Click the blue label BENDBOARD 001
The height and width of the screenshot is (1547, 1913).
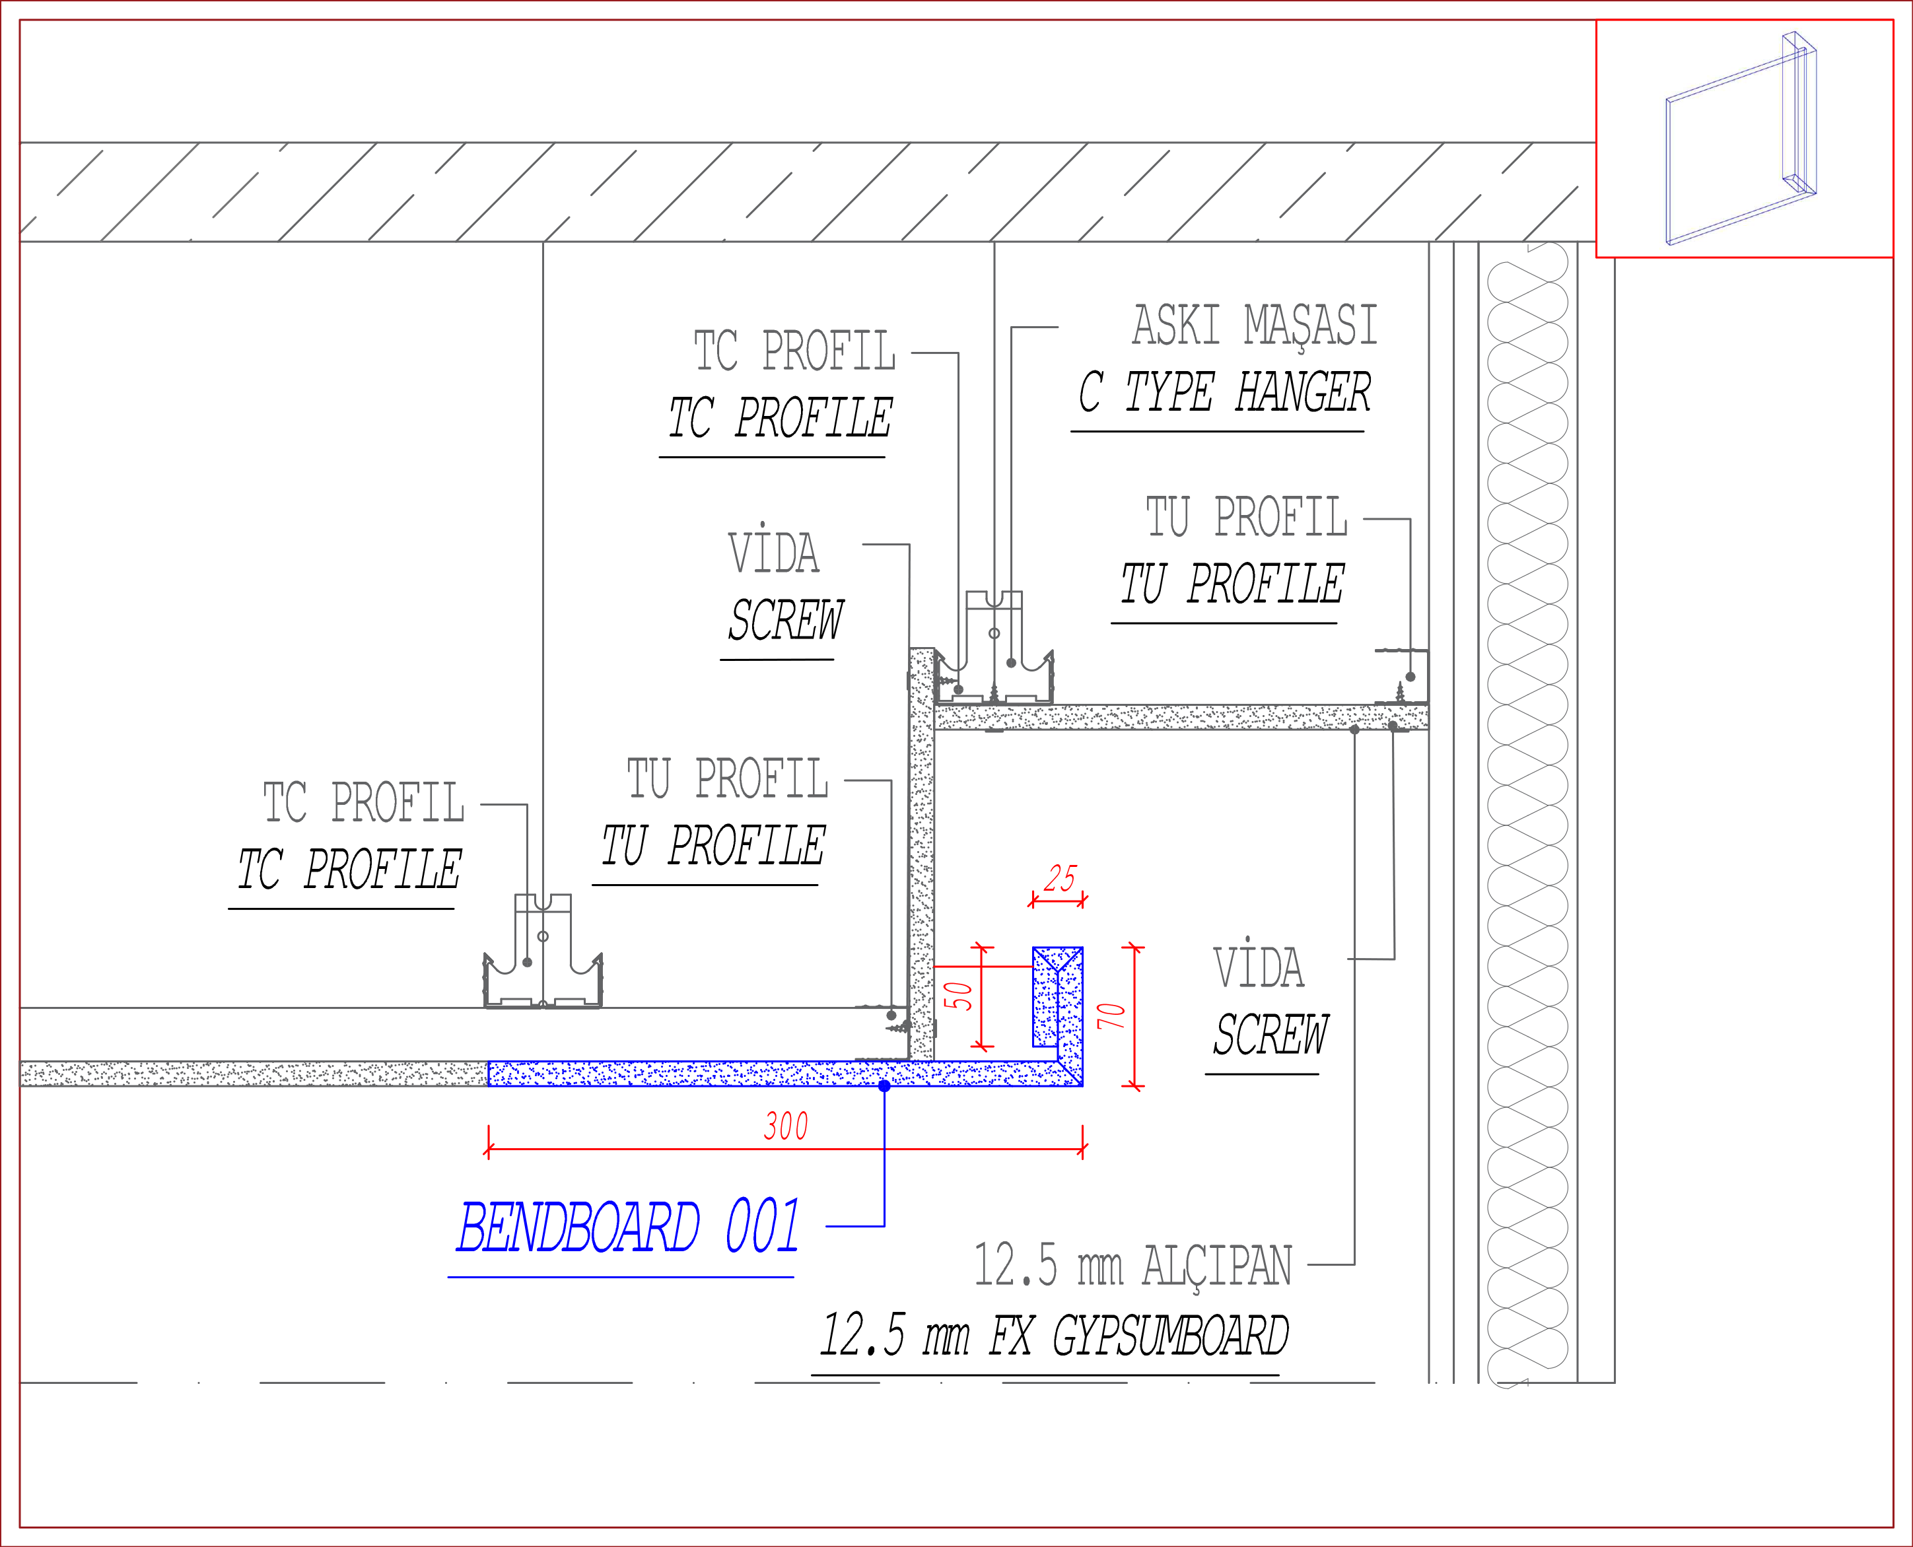[x=627, y=1228]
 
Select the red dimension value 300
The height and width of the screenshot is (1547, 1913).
[x=786, y=1126]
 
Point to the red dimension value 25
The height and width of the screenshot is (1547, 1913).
[x=1059, y=879]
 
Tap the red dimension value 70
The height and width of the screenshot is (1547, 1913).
[x=1112, y=1016]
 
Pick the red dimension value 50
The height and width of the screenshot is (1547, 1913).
[x=959, y=996]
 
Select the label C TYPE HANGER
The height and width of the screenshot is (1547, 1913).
[x=1224, y=392]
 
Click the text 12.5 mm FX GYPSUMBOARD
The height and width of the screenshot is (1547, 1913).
[x=1053, y=1335]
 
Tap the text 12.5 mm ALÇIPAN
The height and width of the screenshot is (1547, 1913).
[x=1132, y=1266]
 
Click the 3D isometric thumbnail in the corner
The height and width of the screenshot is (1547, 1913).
[x=1743, y=139]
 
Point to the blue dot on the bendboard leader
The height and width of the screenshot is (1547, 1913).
[x=884, y=1086]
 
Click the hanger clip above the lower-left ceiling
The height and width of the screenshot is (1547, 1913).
[x=543, y=953]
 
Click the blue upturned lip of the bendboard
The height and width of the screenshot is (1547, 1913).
[x=1058, y=998]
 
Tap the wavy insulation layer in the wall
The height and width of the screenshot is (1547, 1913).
[x=1527, y=802]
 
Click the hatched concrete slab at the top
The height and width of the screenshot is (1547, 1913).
[x=802, y=191]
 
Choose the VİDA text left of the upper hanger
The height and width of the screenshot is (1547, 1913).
[x=773, y=553]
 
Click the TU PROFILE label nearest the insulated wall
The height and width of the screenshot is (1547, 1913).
[x=1232, y=584]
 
